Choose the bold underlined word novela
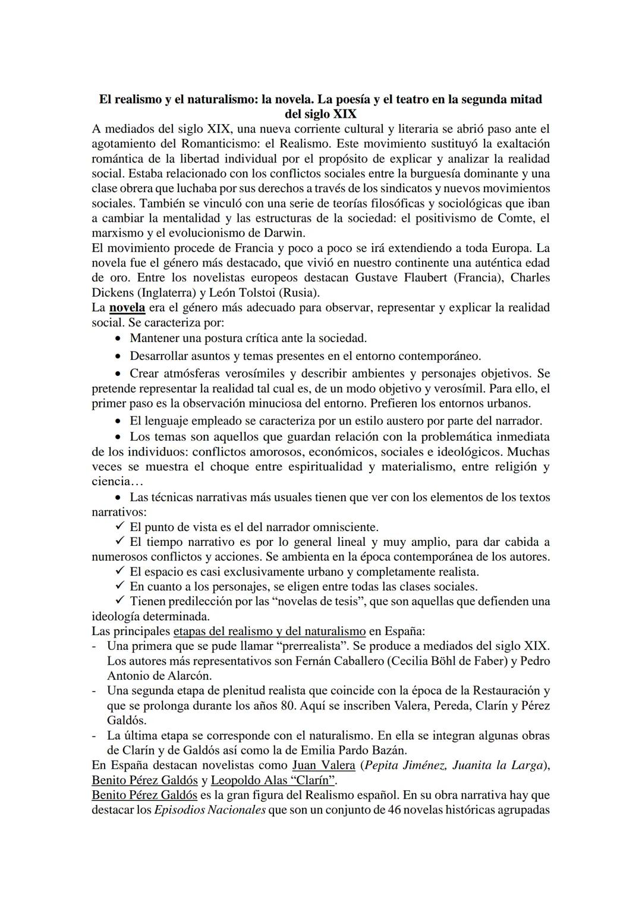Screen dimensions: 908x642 [x=127, y=307]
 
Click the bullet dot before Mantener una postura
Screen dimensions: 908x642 [x=119, y=338]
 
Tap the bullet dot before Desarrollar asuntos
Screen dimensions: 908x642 [x=119, y=356]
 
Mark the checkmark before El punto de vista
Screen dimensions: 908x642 [x=119, y=527]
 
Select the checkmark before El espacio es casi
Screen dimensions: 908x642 [x=119, y=571]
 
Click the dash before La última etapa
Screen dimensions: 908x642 [x=95, y=736]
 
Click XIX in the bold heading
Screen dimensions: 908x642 [x=341, y=114]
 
